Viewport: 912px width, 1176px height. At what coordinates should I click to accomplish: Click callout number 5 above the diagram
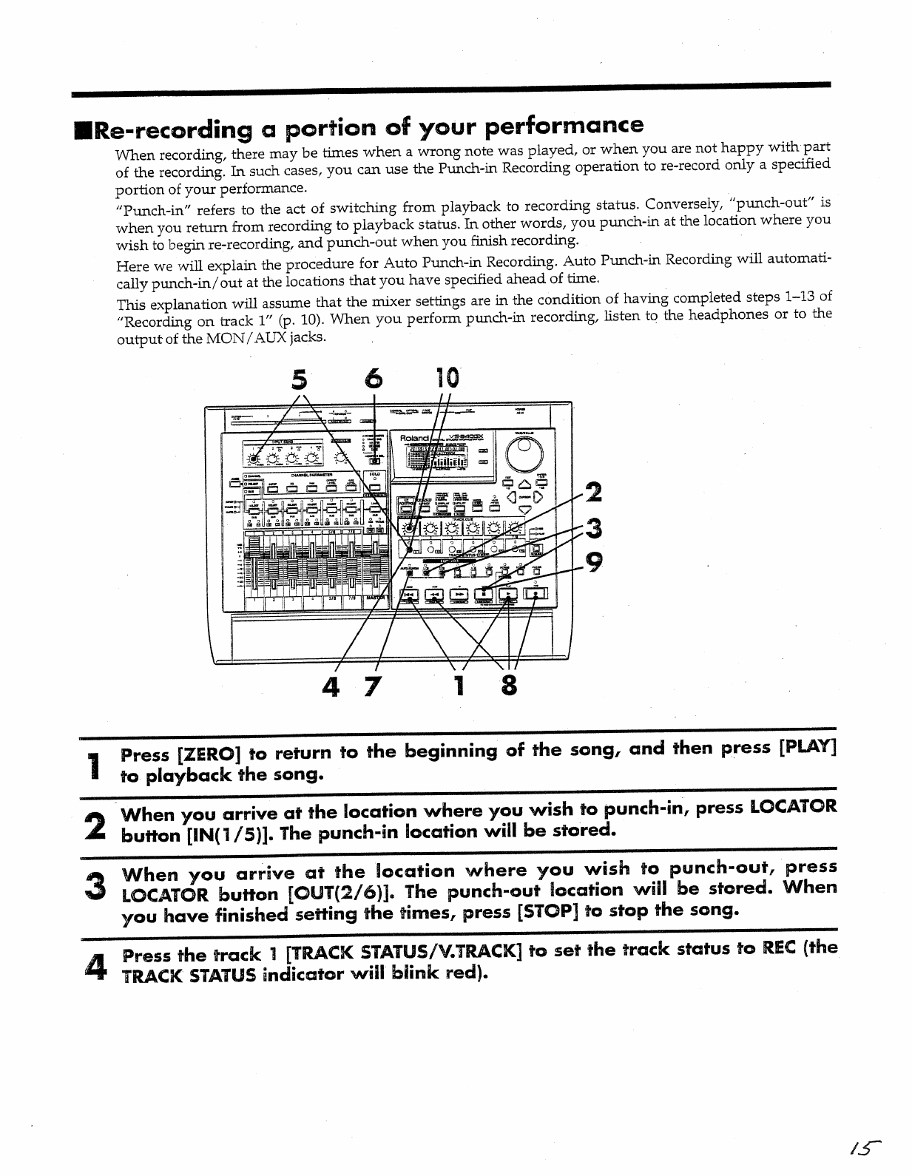[x=298, y=379]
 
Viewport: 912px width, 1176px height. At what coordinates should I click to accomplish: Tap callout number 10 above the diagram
[x=447, y=378]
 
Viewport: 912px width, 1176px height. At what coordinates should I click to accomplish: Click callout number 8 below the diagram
[x=508, y=687]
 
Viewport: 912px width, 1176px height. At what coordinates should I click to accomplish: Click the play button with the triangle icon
[x=509, y=592]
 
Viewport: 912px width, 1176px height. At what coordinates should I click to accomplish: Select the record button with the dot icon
[x=536, y=592]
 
